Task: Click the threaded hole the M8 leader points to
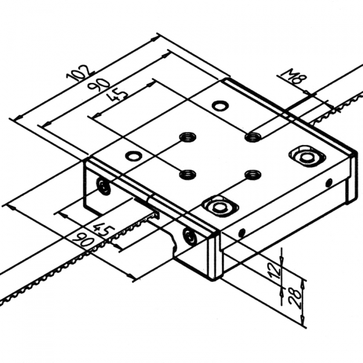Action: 252,137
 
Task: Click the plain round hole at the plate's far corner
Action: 220,106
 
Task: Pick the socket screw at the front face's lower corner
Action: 190,237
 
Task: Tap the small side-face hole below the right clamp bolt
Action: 329,182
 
